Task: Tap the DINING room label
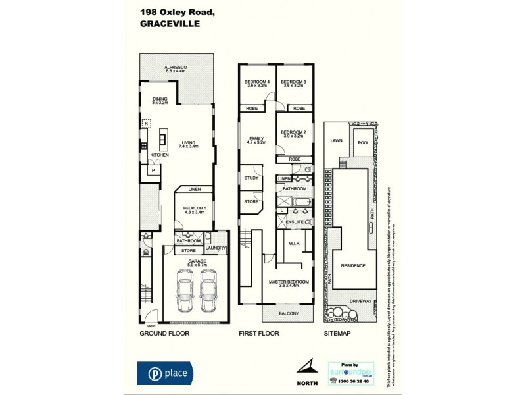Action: point(160,99)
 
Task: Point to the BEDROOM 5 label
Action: point(195,208)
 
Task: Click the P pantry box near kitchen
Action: point(153,171)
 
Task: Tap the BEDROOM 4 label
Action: point(257,81)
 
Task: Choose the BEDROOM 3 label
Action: point(294,81)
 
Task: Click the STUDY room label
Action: point(251,178)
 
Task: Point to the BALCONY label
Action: point(288,313)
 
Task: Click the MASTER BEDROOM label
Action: point(287,282)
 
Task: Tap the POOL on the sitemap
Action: point(363,142)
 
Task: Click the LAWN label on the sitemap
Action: point(337,140)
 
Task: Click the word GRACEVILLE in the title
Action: point(168,23)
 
